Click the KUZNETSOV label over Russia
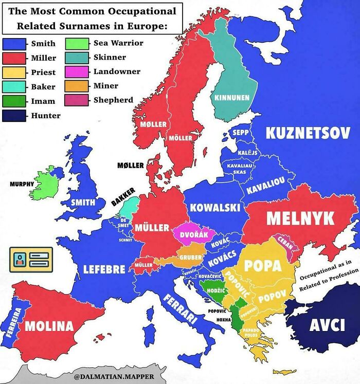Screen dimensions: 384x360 click(x=304, y=133)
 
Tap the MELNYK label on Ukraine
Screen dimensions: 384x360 click(x=300, y=217)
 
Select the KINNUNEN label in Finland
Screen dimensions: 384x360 click(x=232, y=97)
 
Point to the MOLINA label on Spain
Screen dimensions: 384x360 click(x=49, y=325)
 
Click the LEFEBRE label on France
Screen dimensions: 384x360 click(x=104, y=269)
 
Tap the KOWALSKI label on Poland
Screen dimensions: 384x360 click(x=215, y=208)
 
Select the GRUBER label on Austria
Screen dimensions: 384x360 click(x=190, y=258)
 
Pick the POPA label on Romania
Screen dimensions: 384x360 click(x=263, y=265)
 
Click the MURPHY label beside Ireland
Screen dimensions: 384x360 click(x=21, y=184)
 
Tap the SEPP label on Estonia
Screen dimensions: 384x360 click(x=240, y=133)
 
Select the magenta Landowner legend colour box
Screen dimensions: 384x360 click(x=76, y=71)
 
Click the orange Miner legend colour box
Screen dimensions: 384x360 click(x=76, y=86)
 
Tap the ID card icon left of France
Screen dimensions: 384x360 click(x=31, y=260)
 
